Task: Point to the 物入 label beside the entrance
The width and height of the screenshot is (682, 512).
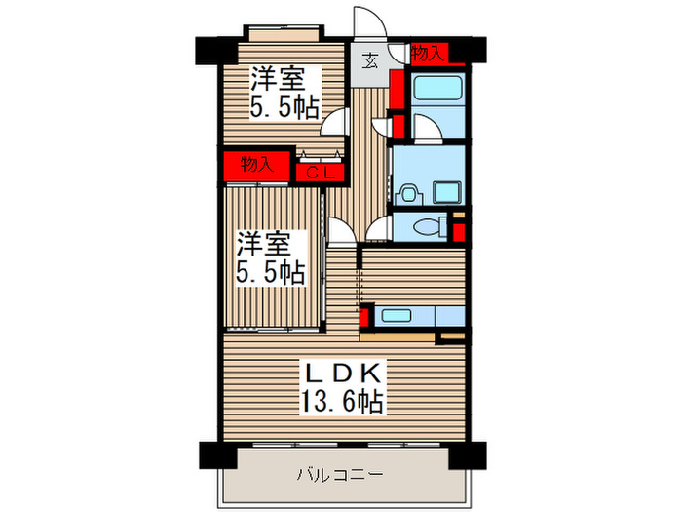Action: click(428, 54)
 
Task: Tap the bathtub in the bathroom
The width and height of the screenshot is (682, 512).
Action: click(436, 91)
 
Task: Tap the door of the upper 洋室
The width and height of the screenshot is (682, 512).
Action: click(336, 122)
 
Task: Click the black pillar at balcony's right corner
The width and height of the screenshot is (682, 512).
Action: click(466, 453)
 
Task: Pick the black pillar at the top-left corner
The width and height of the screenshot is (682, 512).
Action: click(209, 47)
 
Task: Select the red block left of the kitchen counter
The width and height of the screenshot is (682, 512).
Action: click(364, 316)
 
